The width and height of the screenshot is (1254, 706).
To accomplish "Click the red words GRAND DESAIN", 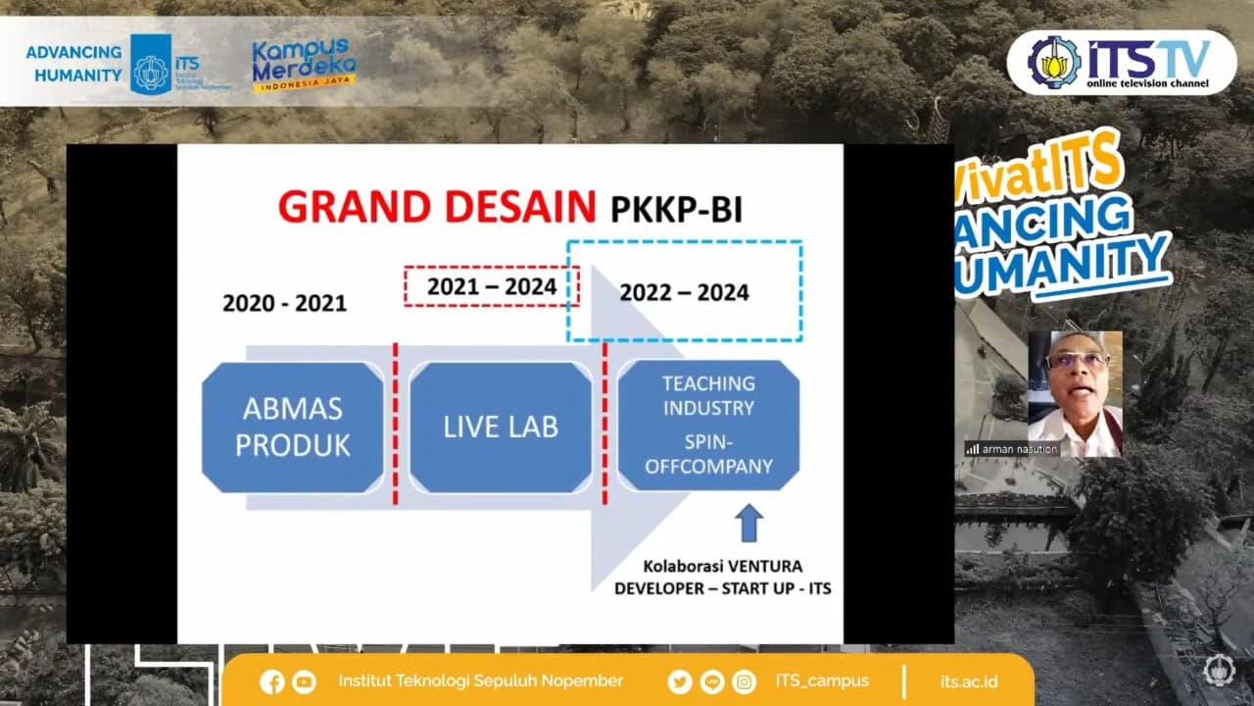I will (x=437, y=207).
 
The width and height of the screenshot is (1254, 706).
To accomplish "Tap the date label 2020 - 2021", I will (x=284, y=303).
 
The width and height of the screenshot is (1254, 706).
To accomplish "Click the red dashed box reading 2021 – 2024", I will (x=492, y=286).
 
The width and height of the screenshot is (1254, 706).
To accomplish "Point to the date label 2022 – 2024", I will (x=684, y=292).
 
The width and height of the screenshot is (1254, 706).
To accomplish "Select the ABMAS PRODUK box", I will (x=293, y=428).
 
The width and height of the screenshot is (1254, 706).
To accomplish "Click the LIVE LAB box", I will (x=501, y=428).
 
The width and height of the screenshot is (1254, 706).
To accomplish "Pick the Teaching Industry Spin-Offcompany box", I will (x=708, y=425).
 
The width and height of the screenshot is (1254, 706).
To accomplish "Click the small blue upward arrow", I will (x=749, y=523).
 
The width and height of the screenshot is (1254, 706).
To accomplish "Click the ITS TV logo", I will (x=1122, y=63).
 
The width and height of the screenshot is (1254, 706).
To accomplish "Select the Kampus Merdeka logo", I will (x=304, y=65).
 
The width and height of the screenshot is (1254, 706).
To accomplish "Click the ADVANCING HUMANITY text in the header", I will (x=73, y=63).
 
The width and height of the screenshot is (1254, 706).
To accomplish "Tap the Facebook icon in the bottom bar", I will (x=272, y=681).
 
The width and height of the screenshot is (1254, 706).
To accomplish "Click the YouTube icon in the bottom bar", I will (x=304, y=681).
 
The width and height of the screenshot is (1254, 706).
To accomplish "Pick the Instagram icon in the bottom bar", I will (x=745, y=681).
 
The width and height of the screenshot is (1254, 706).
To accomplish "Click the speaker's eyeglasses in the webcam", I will (x=1076, y=360).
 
